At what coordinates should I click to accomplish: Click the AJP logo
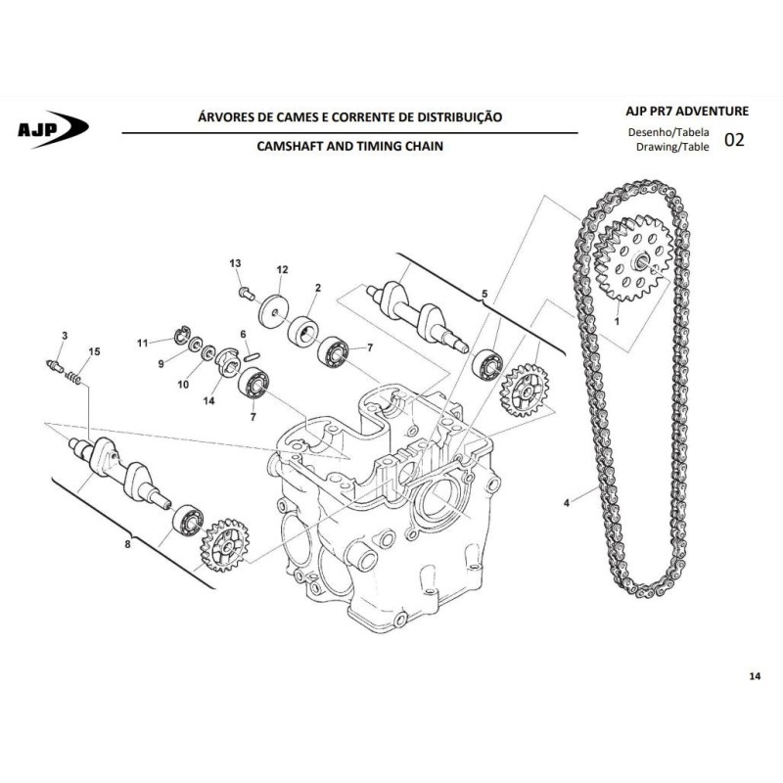(53, 129)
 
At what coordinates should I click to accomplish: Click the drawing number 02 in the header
(734, 140)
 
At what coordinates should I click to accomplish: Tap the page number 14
(755, 676)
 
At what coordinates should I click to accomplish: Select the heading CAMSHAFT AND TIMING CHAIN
(349, 146)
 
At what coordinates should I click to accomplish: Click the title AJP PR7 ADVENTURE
(687, 111)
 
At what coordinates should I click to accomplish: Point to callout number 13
(235, 263)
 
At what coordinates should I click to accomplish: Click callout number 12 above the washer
(282, 270)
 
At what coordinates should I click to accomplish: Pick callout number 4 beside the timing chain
(567, 503)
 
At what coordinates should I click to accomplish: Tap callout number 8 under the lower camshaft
(127, 544)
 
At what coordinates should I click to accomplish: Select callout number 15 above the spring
(94, 351)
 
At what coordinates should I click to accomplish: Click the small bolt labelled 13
(247, 293)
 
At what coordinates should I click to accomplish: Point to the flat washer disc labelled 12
(275, 312)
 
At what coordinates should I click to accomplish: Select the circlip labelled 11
(182, 335)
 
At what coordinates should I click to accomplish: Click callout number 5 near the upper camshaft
(484, 295)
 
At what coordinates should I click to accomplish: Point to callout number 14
(208, 400)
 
